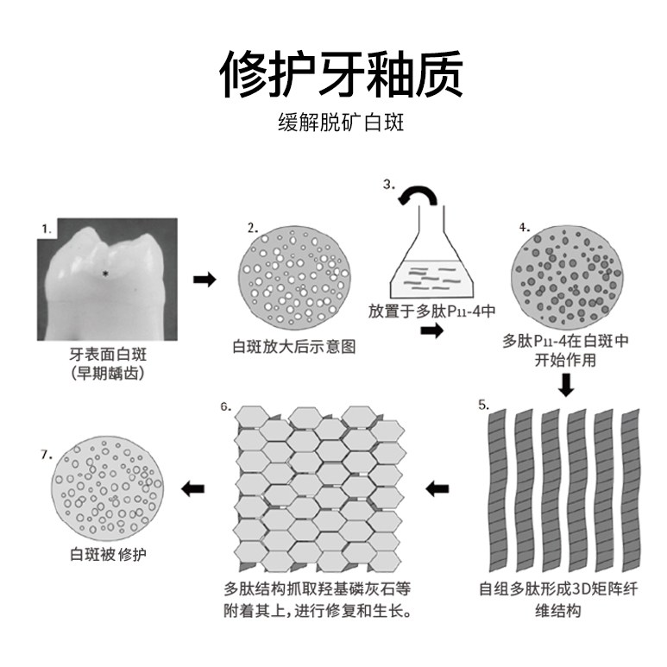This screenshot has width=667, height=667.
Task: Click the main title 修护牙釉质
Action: pyautogui.click(x=340, y=74)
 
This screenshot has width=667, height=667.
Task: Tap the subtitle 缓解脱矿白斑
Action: pyautogui.click(x=341, y=122)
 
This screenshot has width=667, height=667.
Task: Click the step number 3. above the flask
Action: pyautogui.click(x=389, y=184)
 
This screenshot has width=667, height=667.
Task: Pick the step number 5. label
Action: pyautogui.click(x=483, y=403)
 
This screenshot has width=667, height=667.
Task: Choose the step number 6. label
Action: pyautogui.click(x=224, y=406)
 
